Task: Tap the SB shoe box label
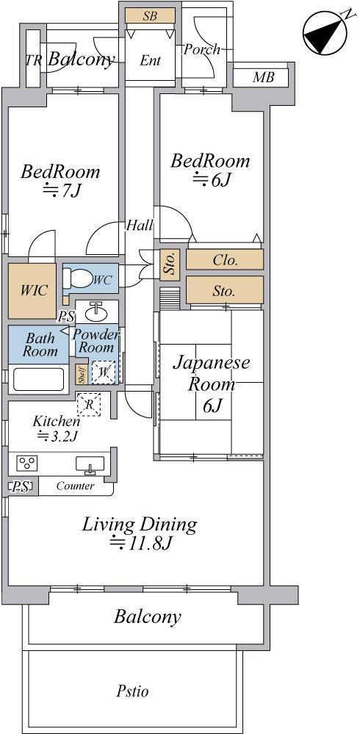coord(150,15)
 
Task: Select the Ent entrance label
coord(151,60)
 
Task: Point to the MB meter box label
coord(263,76)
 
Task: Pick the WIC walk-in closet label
coord(34,289)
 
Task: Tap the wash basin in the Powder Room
coord(98,311)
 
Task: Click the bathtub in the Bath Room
coord(38,379)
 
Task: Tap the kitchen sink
coord(90,464)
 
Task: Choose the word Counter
coord(75,486)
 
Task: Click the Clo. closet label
coord(225,260)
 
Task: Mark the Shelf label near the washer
coord(81,377)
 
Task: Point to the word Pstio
coord(132,691)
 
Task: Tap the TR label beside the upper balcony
coord(33,60)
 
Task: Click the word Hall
coord(140,225)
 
